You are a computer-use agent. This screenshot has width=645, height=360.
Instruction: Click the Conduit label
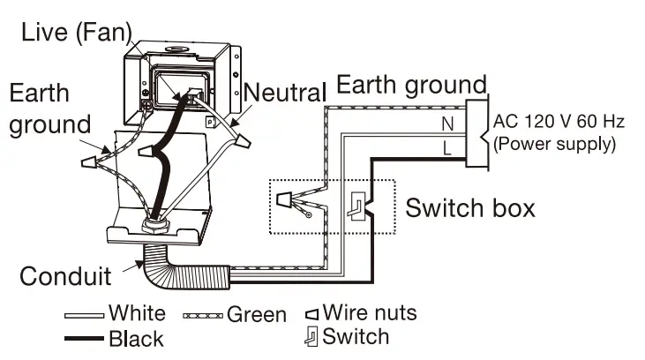click(x=66, y=276)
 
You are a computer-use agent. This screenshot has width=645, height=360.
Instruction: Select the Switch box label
click(x=469, y=208)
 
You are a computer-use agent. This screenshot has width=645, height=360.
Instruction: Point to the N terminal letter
click(x=447, y=124)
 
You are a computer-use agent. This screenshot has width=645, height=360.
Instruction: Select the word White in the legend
click(x=136, y=313)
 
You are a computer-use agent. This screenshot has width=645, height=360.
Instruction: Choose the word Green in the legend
click(x=256, y=314)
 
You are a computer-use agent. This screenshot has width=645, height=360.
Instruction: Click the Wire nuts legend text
click(x=369, y=312)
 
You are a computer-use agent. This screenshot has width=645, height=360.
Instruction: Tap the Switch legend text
click(x=355, y=336)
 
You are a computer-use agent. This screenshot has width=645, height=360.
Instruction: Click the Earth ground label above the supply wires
click(x=411, y=86)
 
